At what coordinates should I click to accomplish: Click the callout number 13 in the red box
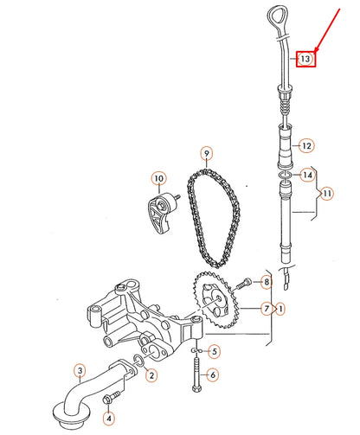pyautogui.click(x=305, y=59)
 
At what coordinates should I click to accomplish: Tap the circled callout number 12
pyautogui.click(x=305, y=145)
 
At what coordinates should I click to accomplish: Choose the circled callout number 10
pyautogui.click(x=158, y=180)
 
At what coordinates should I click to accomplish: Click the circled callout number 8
pyautogui.click(x=267, y=283)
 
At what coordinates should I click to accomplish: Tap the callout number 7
pyautogui.click(x=267, y=308)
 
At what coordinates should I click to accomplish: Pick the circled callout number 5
pyautogui.click(x=214, y=352)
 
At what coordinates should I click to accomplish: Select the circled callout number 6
pyautogui.click(x=214, y=374)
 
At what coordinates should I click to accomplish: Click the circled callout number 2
pyautogui.click(x=151, y=374)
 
